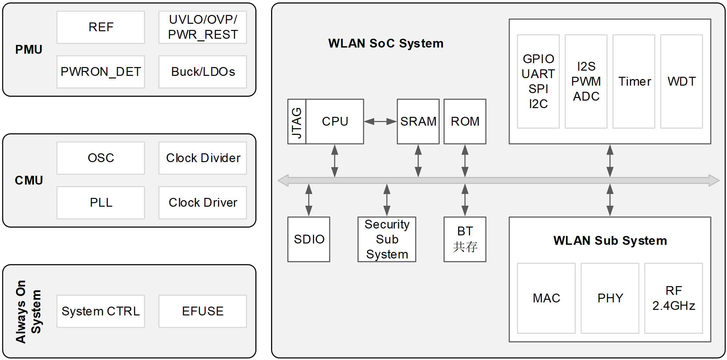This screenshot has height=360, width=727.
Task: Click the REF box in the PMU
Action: pos(101,27)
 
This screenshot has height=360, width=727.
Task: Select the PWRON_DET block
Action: pos(101,72)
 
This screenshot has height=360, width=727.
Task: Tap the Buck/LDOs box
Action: pos(203,72)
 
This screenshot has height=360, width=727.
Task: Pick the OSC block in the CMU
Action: pos(101,158)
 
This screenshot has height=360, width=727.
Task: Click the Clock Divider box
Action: pos(203,158)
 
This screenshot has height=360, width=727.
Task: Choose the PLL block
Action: pos(101,202)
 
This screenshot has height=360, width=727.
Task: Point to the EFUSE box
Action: pos(203,311)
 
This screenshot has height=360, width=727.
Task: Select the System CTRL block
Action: pos(101,311)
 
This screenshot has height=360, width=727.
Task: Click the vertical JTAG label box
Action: pos(297,121)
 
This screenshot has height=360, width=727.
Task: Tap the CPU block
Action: pos(335,121)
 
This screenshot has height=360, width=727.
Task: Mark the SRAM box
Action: pos(418,121)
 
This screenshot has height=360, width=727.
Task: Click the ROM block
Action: pos(465,121)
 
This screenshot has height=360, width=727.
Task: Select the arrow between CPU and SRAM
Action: pos(380,121)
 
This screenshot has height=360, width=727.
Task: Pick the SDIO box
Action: pos(309,239)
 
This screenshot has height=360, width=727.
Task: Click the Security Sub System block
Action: pos(387,239)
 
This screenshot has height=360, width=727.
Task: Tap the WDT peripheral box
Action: pos(681,81)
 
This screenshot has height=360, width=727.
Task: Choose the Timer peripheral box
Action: pos(634,81)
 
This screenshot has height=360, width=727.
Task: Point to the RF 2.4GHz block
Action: pos(674,298)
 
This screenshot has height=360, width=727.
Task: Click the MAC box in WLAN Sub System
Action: pos(546,298)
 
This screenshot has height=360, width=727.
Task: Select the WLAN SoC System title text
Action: pos(386,43)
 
